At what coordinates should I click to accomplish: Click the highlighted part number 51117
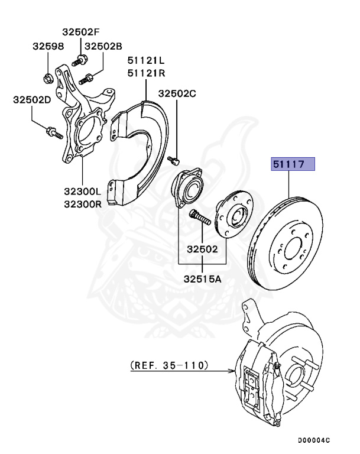(x=293, y=164)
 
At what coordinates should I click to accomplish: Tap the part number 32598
(x=47, y=46)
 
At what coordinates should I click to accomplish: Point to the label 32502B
(x=103, y=46)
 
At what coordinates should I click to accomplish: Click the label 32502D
(x=32, y=100)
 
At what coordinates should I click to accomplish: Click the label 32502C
(x=177, y=93)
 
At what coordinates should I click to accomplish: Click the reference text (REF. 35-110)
(x=169, y=366)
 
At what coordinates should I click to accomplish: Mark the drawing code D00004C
(x=313, y=440)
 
